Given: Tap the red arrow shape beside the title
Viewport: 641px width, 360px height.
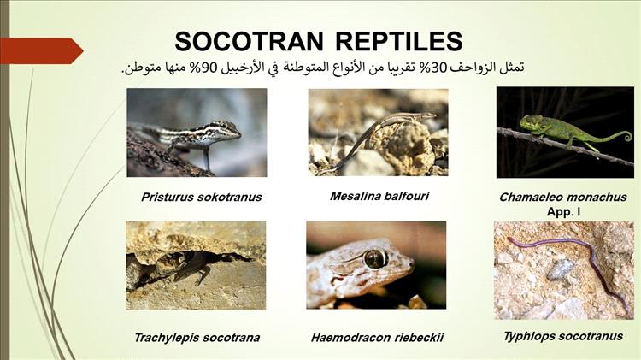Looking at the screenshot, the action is coord(42,50).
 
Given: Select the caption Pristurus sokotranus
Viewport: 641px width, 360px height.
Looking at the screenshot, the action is coord(201,198).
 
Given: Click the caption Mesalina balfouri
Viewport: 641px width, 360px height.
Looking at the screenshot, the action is coord(379,196).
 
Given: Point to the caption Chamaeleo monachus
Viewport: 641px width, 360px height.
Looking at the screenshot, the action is coord(563,198).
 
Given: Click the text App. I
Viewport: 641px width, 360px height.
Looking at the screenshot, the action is coord(563,212).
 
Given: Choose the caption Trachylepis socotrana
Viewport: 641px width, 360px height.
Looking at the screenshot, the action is coord(197,338).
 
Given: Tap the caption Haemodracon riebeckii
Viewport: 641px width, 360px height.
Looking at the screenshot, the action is coord(377,338).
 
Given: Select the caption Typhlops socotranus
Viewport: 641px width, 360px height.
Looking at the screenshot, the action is coord(563,336).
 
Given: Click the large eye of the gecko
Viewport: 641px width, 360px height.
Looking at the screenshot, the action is coord(375,258).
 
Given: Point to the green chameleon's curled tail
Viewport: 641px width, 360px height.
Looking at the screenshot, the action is coord(625,135).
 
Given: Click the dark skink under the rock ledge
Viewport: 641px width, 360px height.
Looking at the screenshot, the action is coord(192,269).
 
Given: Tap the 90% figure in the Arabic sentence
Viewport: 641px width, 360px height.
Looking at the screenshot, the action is coord(209,68).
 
